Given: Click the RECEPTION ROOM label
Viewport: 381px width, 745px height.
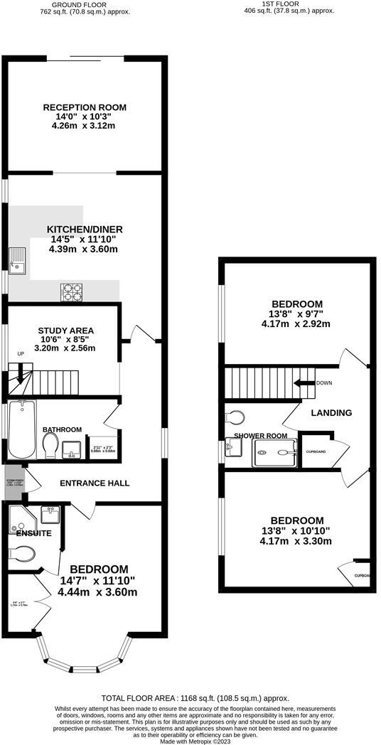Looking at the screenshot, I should (x=85, y=107).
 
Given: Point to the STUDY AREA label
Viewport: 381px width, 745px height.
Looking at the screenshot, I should (x=65, y=331).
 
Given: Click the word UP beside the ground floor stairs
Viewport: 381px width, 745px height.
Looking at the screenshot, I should (x=20, y=353).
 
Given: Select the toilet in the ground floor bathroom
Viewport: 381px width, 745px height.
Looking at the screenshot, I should (x=50, y=446).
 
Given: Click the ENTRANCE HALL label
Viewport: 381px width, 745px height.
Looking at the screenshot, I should (x=94, y=483).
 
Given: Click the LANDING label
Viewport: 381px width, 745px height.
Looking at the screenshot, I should (x=331, y=412).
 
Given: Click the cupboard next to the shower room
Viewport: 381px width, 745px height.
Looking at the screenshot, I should (x=315, y=451).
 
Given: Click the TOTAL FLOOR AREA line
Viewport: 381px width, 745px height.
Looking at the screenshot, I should (x=195, y=699).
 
